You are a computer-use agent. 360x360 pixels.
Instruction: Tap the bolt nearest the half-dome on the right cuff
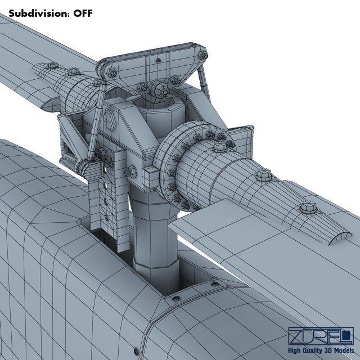(307, 209)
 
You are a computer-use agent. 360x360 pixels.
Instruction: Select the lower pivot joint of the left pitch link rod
(86, 167)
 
